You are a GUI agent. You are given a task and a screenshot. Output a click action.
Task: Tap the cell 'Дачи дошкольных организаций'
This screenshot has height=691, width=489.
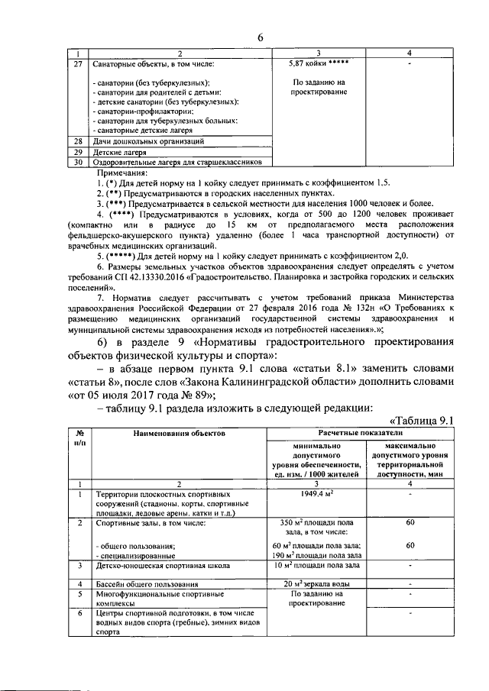pyautogui.click(x=148, y=141)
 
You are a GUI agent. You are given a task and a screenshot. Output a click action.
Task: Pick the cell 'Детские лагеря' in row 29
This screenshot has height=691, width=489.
pyautogui.click(x=120, y=152)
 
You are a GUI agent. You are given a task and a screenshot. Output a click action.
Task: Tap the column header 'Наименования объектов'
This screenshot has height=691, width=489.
pyautogui.click(x=178, y=432)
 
